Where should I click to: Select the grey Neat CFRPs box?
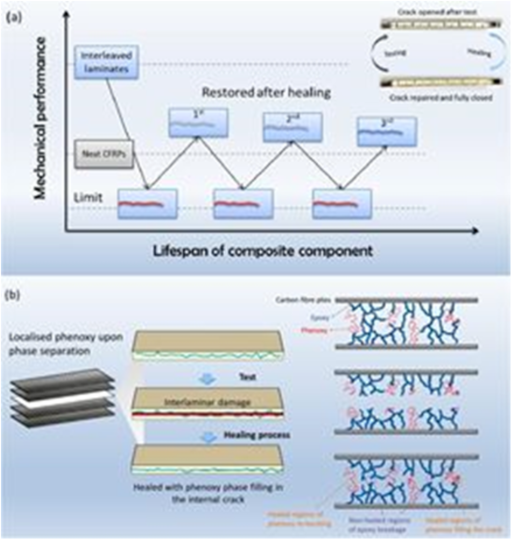104,154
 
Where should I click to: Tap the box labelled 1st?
198,122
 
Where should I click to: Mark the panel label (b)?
14,295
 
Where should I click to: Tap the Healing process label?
248,434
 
